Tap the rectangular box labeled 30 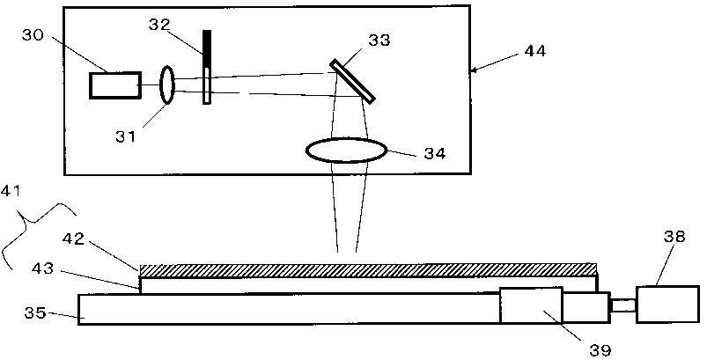tap(115, 85)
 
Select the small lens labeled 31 tap(166, 85)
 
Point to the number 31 tap(125, 136)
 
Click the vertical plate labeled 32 tap(207, 67)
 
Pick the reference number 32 tap(158, 25)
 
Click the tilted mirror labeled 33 tap(352, 82)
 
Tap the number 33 tap(379, 40)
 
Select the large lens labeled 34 tap(346, 151)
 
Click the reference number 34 tap(435, 154)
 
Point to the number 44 tap(535, 51)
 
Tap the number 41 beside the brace tap(11, 191)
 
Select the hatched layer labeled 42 tap(369, 270)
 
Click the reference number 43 tap(42, 269)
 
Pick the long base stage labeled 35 tap(289, 309)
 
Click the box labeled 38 tap(667, 305)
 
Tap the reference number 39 tap(600, 349)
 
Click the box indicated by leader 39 tap(531, 305)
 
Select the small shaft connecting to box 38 tap(623, 306)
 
